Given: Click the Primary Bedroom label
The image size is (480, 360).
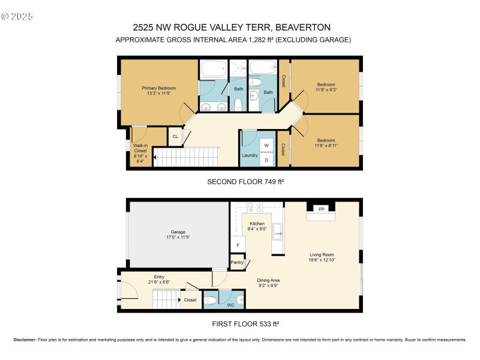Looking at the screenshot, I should click(159, 88).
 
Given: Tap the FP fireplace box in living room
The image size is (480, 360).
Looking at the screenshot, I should click(322, 209).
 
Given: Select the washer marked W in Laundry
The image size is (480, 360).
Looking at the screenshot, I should click(265, 146).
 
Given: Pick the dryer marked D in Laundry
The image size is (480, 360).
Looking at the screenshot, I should click(265, 160).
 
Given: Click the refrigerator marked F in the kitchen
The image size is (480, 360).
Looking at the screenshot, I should click(238, 245).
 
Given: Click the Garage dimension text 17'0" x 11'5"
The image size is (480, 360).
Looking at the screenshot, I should click(178, 237).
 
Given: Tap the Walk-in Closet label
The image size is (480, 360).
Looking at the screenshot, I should click(140, 151).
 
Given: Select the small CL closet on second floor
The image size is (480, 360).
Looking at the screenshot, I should click(175, 137).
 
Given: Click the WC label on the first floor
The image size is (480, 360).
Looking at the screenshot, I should click(230, 305).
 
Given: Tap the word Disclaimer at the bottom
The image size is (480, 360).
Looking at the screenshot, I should click(25, 340).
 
